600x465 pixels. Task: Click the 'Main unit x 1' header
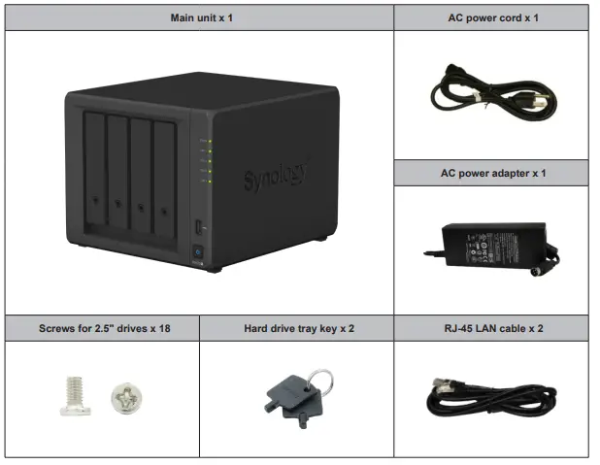click(x=199, y=17)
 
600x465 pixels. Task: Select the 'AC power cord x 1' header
click(x=490, y=17)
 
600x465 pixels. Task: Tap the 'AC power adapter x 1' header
click(x=490, y=173)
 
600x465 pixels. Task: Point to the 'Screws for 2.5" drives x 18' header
click(x=102, y=328)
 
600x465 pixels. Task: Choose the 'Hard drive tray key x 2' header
click(x=296, y=328)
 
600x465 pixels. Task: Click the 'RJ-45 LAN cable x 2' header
click(x=490, y=328)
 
